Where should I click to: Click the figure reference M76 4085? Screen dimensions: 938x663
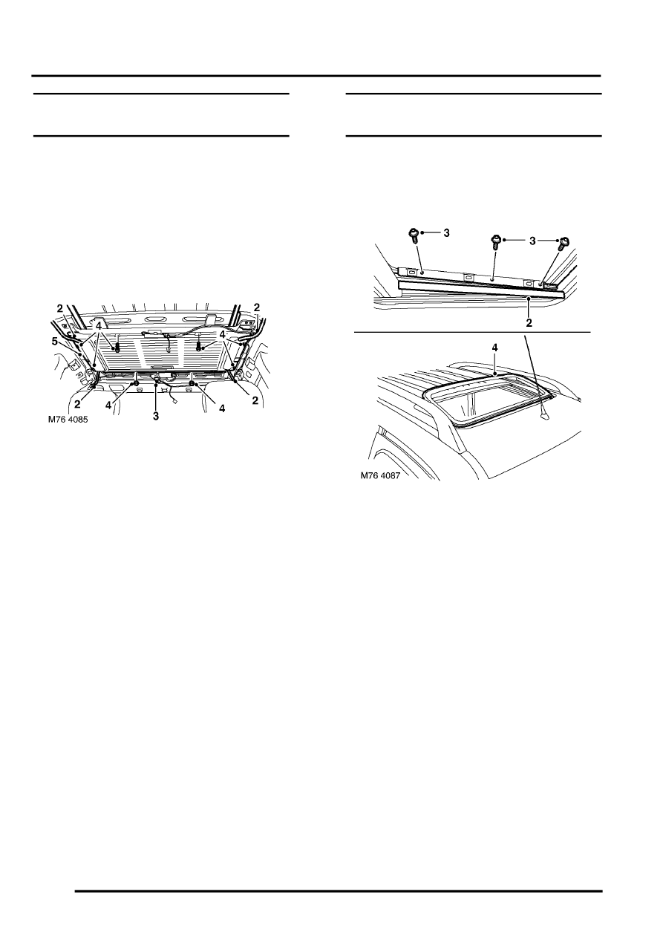coord(68,418)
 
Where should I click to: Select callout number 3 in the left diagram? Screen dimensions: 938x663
coord(156,417)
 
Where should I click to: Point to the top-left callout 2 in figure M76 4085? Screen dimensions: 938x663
coord(60,307)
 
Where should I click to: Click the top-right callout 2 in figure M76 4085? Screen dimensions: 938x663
coord(257,307)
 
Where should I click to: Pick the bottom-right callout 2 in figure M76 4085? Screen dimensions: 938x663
coord(255,400)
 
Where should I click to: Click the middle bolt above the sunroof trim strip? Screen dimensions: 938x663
coord(494,241)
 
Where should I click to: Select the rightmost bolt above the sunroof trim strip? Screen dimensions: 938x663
coord(564,241)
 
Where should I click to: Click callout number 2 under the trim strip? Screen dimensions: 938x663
coord(529,323)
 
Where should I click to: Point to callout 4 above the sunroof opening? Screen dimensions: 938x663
coord(495,346)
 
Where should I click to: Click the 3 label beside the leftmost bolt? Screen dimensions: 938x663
coord(445,233)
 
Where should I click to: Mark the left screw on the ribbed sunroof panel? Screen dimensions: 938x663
coord(117,348)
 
